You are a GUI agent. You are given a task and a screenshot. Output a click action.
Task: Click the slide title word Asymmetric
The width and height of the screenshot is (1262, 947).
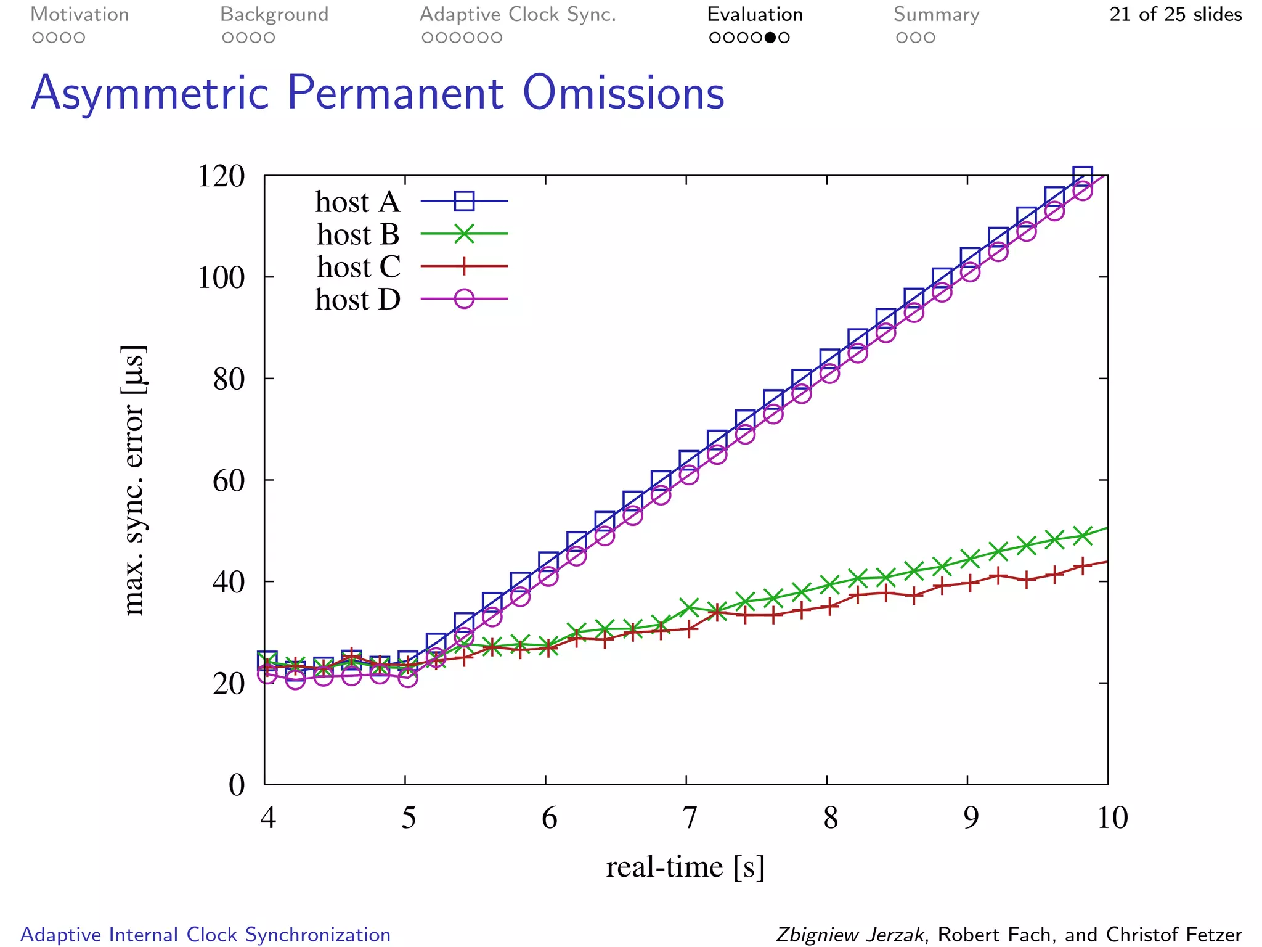pos(150,93)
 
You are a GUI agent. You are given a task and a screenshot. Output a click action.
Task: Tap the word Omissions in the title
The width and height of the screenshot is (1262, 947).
pos(623,93)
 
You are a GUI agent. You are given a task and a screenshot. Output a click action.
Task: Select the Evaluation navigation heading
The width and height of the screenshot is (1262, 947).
pos(754,14)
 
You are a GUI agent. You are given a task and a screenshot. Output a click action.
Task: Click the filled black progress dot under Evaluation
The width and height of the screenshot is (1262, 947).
pos(770,38)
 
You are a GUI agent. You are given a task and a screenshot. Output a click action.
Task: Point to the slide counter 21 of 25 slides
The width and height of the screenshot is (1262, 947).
pos(1175,14)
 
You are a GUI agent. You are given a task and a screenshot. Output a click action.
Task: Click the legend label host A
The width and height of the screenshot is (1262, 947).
pos(357,202)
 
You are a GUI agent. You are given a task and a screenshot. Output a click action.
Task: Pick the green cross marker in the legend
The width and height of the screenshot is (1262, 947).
pos(464,234)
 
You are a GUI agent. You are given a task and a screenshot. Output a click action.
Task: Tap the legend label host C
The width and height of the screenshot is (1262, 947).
pos(359,266)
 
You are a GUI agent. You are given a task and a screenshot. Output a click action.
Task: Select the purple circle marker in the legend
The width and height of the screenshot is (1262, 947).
pos(464,299)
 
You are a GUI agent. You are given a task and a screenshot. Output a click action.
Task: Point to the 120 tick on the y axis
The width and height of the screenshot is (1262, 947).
pos(221,176)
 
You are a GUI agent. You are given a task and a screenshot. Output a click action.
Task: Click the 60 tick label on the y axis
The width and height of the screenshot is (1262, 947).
pos(229,480)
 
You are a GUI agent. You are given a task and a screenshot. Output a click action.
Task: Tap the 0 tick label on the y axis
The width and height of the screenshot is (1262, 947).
pos(237,785)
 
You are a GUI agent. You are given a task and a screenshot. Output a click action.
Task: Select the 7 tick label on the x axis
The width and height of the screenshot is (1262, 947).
pos(690,818)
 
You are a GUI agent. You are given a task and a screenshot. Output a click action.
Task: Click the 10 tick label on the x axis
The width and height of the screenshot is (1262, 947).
pos(1112,818)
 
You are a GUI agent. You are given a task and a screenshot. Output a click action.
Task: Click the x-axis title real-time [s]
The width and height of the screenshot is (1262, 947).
pos(685,867)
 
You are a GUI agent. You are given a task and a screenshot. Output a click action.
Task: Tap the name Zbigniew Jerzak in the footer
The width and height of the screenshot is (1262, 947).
pos(850,934)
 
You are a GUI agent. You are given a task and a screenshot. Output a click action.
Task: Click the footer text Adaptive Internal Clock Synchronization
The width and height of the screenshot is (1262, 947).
pos(206,934)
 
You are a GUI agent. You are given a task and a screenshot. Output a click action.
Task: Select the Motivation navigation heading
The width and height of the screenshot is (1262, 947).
pos(79,14)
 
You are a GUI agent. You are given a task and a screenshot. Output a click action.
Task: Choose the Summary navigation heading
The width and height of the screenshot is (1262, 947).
pos(936,14)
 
